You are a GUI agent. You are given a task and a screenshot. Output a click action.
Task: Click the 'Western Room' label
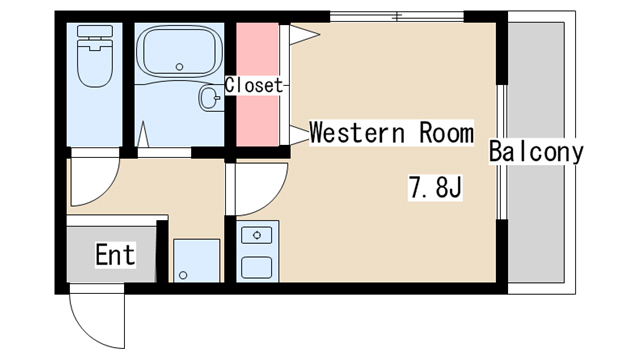(x=391, y=133)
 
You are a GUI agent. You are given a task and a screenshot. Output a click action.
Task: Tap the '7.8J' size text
(x=435, y=187)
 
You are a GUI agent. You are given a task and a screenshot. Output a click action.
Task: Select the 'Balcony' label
(x=536, y=151)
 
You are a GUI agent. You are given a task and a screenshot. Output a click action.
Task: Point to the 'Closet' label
(x=253, y=85)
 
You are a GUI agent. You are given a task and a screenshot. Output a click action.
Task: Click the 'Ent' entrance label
(x=115, y=255)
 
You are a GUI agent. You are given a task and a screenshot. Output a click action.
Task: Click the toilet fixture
(x=95, y=56)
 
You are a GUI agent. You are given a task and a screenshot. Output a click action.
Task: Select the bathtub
(x=179, y=51)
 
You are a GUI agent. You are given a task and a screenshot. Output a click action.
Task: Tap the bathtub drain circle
(x=179, y=67)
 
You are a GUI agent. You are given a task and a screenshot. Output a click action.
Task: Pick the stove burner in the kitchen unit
(x=257, y=235)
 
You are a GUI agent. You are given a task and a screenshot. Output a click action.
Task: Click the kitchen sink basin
(x=257, y=268)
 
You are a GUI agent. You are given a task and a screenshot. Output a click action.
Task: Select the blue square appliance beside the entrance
(x=197, y=261)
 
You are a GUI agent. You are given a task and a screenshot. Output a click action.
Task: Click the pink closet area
(x=258, y=84)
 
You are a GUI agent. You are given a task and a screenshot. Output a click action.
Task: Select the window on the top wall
(x=397, y=17)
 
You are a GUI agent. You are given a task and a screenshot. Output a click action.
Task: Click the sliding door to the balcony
(x=502, y=152)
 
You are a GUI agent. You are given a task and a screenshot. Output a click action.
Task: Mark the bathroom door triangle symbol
(x=143, y=134)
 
